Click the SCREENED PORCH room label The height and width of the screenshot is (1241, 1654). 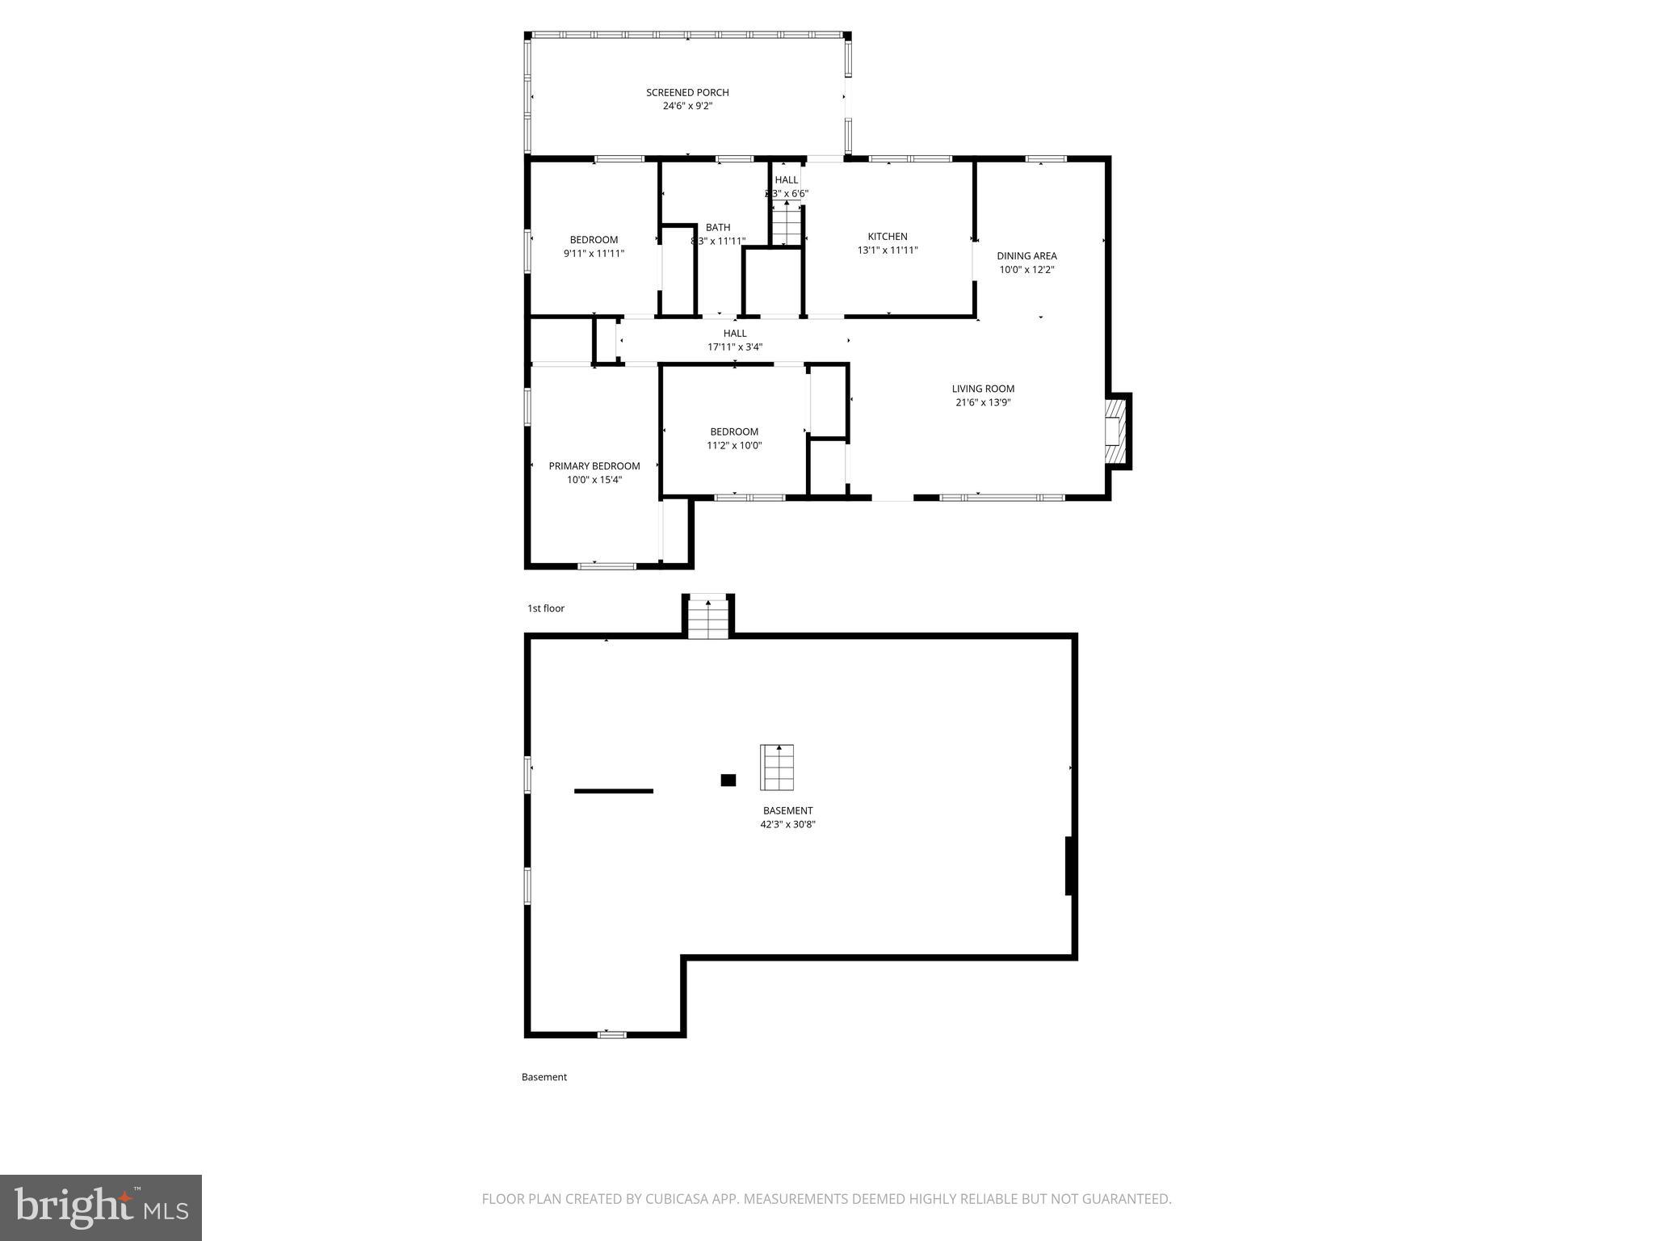(687, 92)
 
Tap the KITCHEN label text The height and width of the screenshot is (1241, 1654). (888, 237)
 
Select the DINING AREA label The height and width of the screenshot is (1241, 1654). (1026, 256)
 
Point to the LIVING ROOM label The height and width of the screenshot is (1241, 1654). (983, 389)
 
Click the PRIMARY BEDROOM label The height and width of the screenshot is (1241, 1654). (594, 466)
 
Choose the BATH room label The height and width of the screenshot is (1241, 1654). (718, 228)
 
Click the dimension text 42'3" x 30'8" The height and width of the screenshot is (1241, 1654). (787, 824)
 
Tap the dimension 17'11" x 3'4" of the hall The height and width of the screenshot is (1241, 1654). (735, 347)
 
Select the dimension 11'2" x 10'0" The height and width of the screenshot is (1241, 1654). (734, 445)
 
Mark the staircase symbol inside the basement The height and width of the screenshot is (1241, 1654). (776, 767)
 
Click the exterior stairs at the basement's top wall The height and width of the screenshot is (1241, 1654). (709, 618)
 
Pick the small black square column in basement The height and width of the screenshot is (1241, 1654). (728, 780)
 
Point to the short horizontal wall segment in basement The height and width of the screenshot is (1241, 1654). (614, 791)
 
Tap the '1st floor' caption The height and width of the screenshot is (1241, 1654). (546, 608)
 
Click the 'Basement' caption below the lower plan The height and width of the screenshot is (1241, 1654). (544, 1077)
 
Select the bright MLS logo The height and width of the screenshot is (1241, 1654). (101, 1208)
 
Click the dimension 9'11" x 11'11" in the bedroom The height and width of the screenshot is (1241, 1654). (594, 254)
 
